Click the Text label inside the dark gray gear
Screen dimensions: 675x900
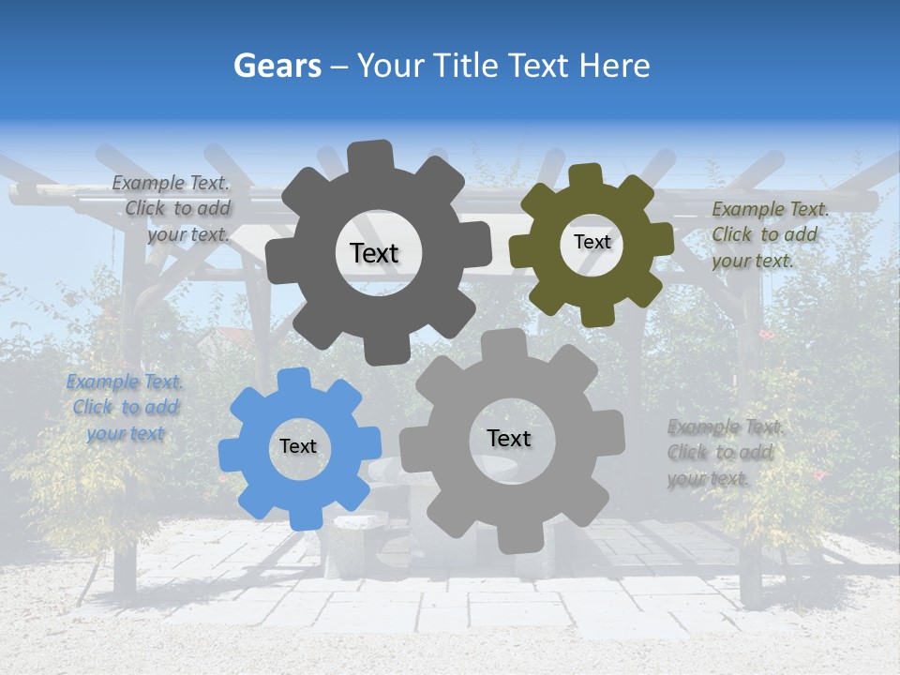(374, 253)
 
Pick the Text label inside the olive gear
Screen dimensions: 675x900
(592, 242)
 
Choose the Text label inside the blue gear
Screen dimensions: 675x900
(298, 447)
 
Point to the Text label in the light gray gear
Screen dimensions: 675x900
(509, 439)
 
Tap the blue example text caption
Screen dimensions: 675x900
(125, 408)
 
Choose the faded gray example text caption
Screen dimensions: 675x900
(723, 453)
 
